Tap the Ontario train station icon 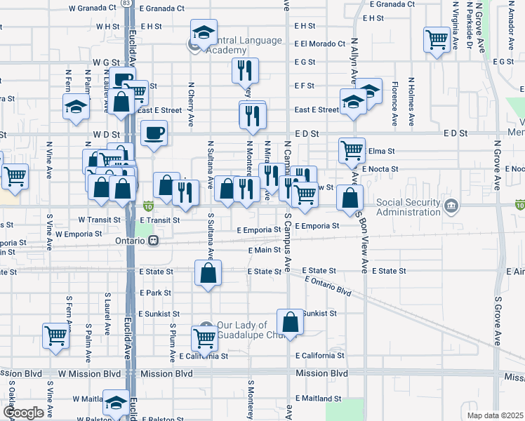pyautogui.click(x=152, y=240)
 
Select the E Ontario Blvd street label pyautogui.click(x=328, y=286)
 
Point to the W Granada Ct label pyautogui.click(x=93, y=8)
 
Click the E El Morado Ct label pyautogui.click(x=321, y=44)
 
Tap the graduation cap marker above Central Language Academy pyautogui.click(x=204, y=34)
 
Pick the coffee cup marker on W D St pyautogui.click(x=154, y=132)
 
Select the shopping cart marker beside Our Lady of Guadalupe pyautogui.click(x=204, y=338)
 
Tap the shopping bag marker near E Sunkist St pyautogui.click(x=290, y=322)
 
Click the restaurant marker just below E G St pyautogui.click(x=245, y=70)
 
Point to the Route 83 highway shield pyautogui.click(x=125, y=4)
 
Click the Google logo pyautogui.click(x=23, y=413)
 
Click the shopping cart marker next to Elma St pyautogui.click(x=351, y=149)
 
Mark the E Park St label pyautogui.click(x=155, y=293)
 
